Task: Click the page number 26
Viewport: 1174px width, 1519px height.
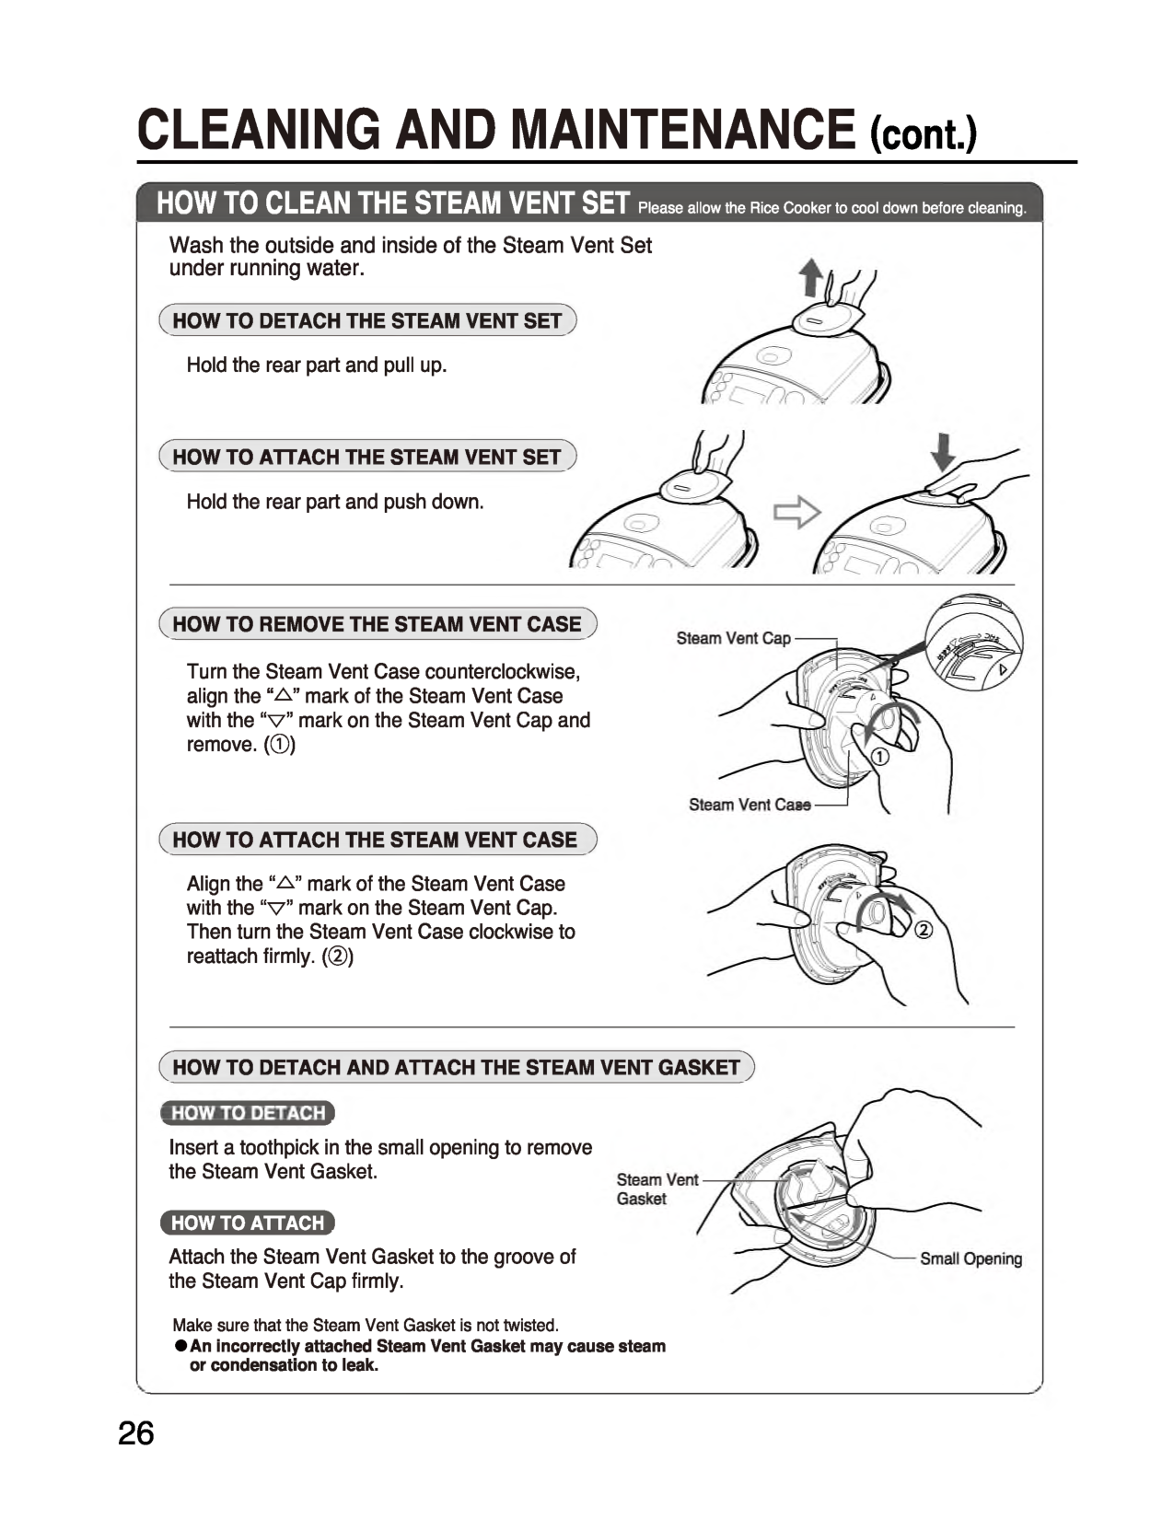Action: coord(136,1433)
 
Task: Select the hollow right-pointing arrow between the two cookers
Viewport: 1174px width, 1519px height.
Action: coord(796,512)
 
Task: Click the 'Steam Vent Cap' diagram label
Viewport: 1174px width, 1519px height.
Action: coord(733,638)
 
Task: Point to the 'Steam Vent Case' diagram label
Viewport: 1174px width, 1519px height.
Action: coord(750,805)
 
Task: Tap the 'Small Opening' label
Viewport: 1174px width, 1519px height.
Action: coord(971,1258)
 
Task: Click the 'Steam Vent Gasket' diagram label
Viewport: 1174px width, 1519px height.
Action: coord(657,1189)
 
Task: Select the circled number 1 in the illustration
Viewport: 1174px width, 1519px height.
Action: coord(879,758)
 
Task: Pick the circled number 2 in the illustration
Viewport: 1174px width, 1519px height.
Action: coord(924,930)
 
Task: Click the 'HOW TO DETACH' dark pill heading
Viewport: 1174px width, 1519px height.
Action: coord(248,1113)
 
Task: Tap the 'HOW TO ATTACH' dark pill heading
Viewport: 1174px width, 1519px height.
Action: coord(248,1223)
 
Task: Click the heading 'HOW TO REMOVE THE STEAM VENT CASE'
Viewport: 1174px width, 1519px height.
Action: coord(377,624)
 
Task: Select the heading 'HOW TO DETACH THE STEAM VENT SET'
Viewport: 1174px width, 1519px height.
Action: coord(366,320)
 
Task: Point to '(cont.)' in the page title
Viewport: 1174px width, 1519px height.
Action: coord(924,134)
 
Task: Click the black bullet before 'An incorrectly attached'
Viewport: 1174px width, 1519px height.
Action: coord(181,1346)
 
